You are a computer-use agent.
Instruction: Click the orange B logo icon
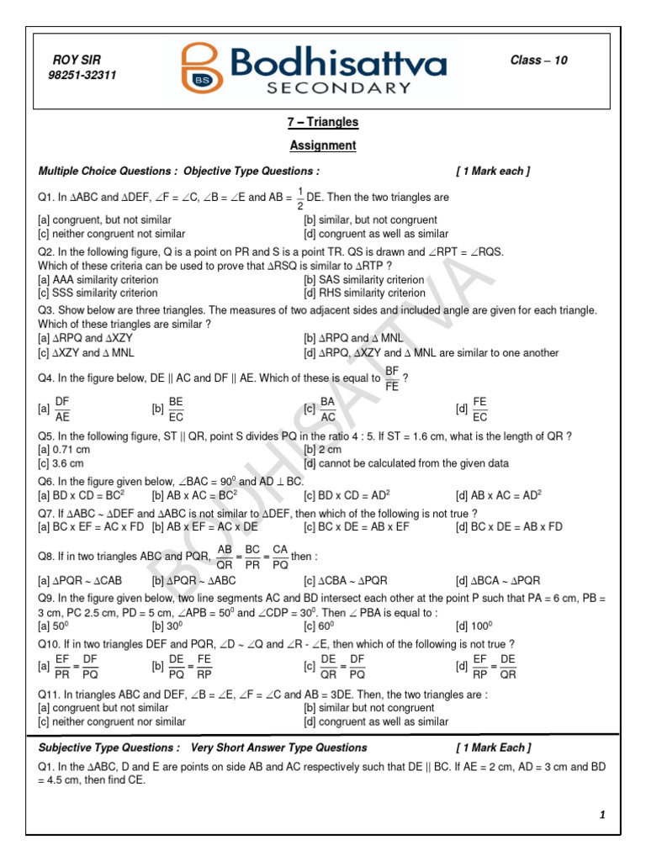click(199, 69)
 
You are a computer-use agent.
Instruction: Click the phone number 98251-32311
click(82, 75)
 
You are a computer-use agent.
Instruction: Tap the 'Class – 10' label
click(539, 61)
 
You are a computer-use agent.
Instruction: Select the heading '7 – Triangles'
click(323, 122)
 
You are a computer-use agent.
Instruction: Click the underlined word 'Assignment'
click(323, 145)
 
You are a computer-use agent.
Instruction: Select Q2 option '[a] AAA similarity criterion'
click(98, 280)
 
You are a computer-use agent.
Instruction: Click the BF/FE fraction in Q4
click(392, 378)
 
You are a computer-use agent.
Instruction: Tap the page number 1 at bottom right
click(602, 815)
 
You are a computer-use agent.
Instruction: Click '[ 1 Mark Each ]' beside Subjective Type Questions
click(493, 747)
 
